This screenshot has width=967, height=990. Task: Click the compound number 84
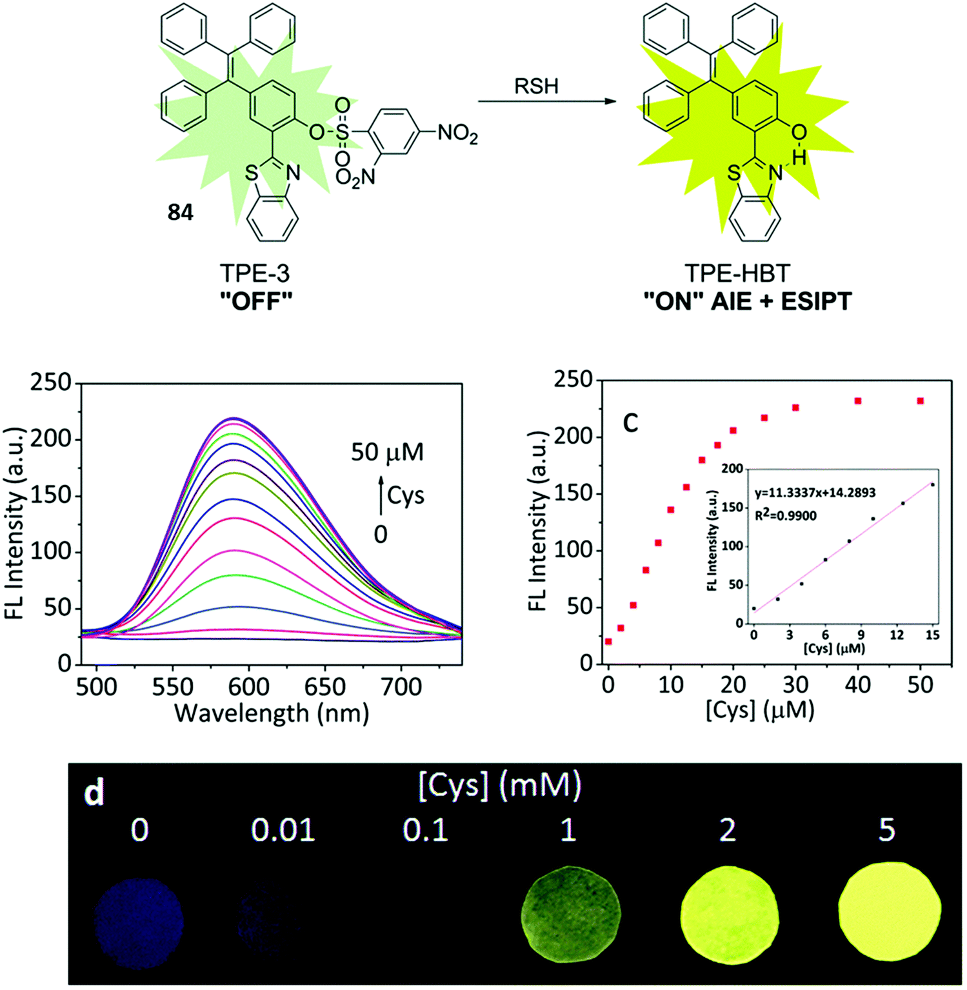180,212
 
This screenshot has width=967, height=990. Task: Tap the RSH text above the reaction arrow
536,86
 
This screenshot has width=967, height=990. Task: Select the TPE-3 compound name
255,273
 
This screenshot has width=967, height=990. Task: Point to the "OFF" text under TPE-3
256,301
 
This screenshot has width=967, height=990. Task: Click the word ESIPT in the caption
816,301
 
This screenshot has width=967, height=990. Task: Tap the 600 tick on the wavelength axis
249,686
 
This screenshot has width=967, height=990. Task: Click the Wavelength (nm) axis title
272,713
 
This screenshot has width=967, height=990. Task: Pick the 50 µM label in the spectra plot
387,452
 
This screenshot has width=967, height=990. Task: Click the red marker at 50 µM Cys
921,401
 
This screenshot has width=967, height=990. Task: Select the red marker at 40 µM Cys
858,401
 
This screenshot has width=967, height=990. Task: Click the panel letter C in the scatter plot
630,422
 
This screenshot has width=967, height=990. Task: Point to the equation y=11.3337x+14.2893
815,493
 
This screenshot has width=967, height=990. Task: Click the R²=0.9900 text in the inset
786,515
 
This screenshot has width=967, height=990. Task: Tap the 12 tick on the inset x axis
897,635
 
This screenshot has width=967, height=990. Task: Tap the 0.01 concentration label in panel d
283,830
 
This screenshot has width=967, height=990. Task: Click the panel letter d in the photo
94,793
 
